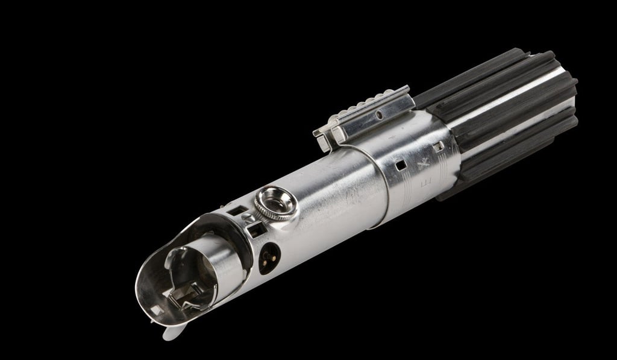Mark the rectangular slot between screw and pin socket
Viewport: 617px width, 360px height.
pos(254,228)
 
